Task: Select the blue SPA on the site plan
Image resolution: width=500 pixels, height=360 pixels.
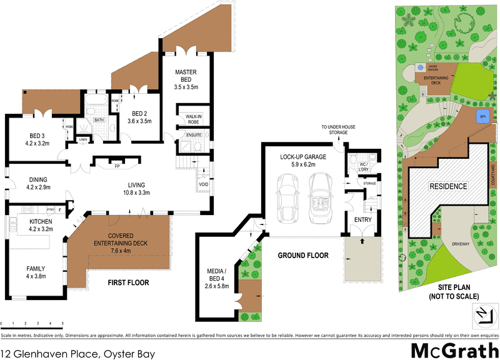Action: (482, 116)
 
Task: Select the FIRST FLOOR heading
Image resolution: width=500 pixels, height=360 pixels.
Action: (129, 282)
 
